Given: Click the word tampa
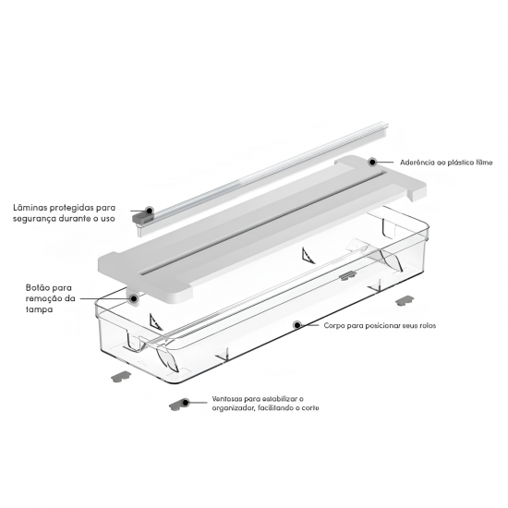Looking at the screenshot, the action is pos(39,309).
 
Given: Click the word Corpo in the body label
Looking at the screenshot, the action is pos(333,326).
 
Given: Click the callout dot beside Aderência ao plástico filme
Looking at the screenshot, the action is pos(372,162).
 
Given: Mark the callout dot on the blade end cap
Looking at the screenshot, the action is pos(149,211).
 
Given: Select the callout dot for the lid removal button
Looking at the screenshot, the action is pos(134,298).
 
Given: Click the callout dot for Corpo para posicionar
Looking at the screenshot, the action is pos(297,324).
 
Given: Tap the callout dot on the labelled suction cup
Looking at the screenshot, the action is pos(185,403).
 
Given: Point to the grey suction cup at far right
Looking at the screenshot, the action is pos(405,300).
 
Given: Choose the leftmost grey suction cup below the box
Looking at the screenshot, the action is pos(121,377).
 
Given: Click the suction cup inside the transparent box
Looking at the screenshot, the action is pos(347,276).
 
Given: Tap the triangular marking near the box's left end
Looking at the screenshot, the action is pos(155,321).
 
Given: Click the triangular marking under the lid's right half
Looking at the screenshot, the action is pos(308,256).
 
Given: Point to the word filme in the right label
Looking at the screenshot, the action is pos(484,163).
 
